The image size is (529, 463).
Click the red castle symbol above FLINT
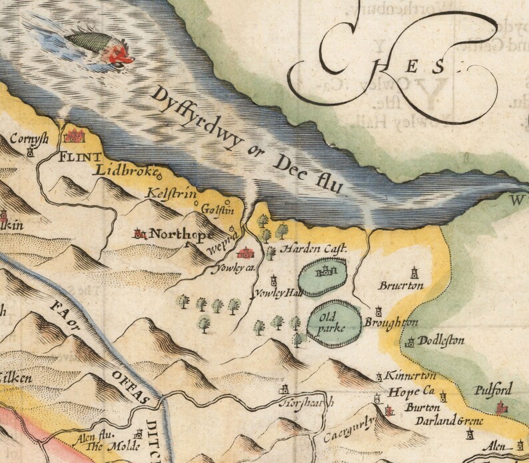(73, 137)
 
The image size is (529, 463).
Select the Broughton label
(390, 323)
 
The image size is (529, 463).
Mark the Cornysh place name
(28, 140)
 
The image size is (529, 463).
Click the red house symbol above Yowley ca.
(246, 254)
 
